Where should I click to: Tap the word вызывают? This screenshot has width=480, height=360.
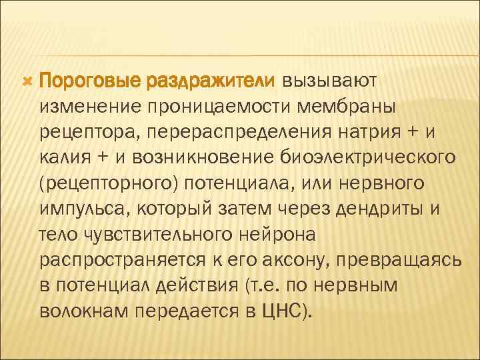pyautogui.click(x=330, y=81)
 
